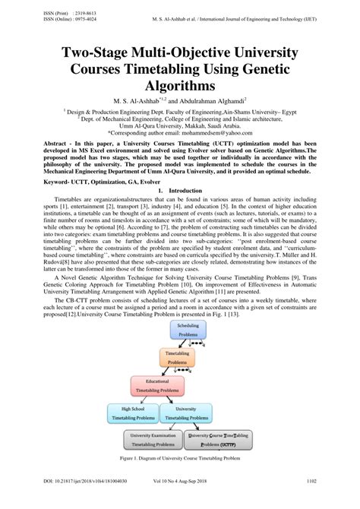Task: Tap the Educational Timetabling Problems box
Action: click(x=158, y=385)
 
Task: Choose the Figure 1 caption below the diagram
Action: click(x=180, y=460)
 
